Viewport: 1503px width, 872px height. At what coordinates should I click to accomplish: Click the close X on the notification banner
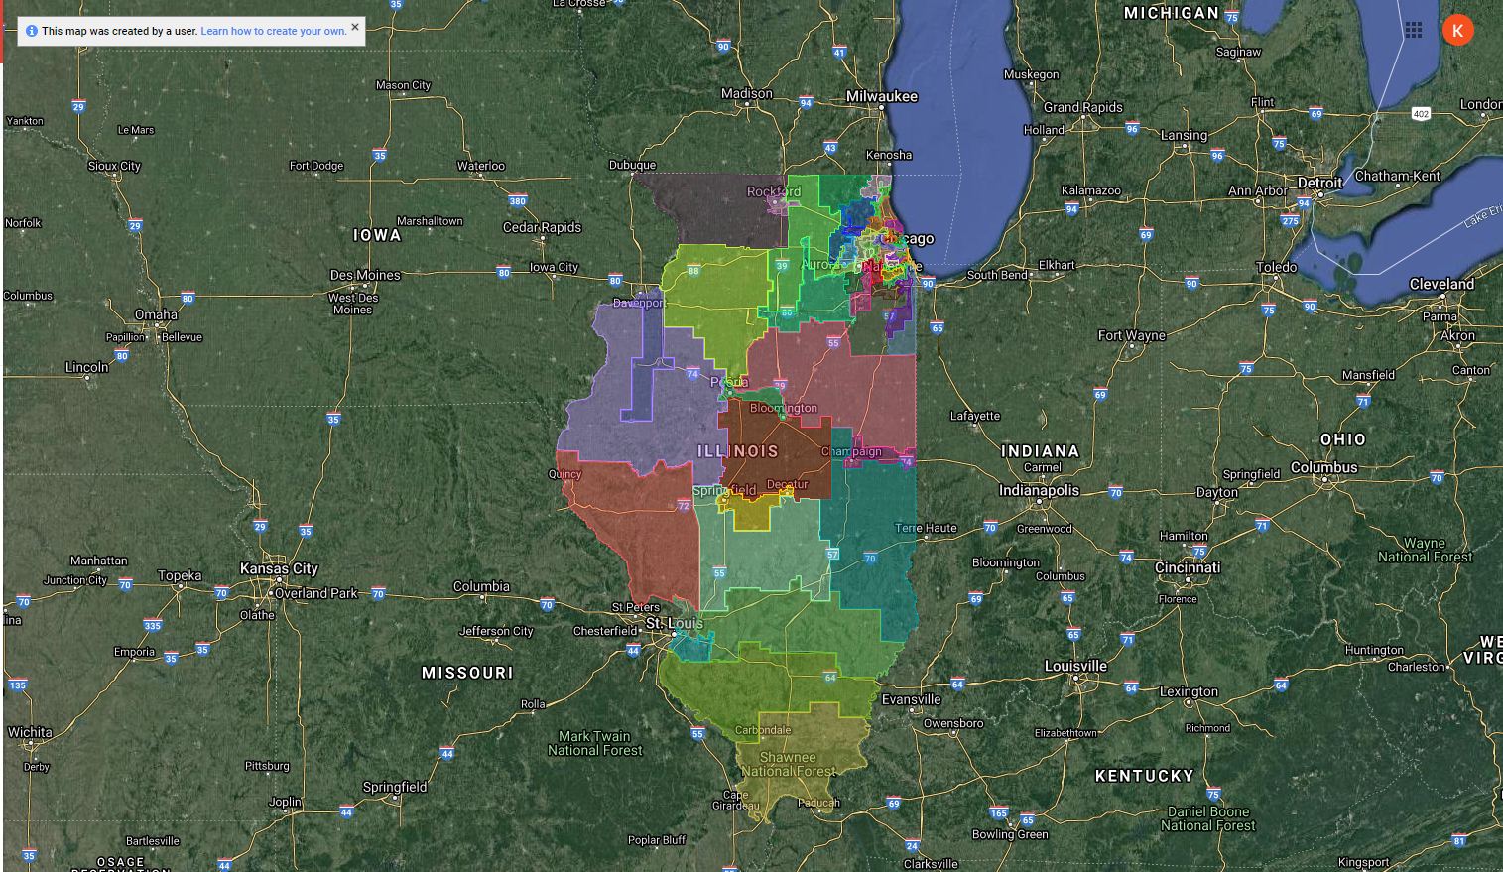(x=355, y=28)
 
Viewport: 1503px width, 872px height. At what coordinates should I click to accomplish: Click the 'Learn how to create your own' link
(x=274, y=31)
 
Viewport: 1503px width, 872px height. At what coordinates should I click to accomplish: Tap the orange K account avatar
(x=1457, y=30)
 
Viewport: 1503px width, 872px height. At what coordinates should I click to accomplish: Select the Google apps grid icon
(x=1414, y=30)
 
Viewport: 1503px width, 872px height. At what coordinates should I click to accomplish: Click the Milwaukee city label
(x=881, y=96)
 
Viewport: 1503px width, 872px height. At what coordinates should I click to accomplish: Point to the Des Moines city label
(x=365, y=275)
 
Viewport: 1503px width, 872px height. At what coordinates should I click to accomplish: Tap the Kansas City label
(x=279, y=568)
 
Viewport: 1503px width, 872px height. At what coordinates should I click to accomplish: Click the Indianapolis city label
(x=1039, y=490)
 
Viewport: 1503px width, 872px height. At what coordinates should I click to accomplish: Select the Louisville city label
(x=1075, y=666)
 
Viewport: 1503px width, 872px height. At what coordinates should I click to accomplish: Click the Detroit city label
(x=1319, y=183)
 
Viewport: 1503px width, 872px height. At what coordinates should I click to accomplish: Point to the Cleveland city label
(x=1441, y=284)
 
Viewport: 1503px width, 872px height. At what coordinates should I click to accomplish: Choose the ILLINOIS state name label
(x=738, y=451)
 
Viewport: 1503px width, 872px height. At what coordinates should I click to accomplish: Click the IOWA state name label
(x=377, y=235)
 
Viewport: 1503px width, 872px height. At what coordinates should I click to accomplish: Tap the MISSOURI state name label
(x=467, y=673)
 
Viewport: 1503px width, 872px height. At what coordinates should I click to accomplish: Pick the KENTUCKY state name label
(x=1144, y=776)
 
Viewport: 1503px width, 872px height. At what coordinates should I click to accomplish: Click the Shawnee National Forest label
(x=788, y=764)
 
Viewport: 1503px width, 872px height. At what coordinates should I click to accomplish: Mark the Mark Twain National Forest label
(x=595, y=743)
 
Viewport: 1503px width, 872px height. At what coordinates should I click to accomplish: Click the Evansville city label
(x=911, y=699)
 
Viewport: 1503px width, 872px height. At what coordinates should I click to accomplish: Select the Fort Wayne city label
(x=1131, y=335)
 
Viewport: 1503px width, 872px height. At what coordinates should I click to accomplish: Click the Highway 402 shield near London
(x=1421, y=114)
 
